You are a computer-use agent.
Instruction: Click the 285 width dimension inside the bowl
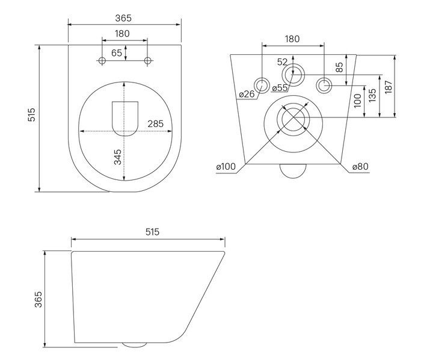(x=155, y=124)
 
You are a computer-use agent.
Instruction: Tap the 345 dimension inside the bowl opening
(x=118, y=157)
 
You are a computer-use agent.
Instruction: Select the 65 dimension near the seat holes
(x=117, y=53)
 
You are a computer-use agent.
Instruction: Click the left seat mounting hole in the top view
(x=102, y=61)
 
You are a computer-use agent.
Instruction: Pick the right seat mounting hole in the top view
(x=148, y=61)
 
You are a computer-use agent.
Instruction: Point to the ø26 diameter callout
(x=247, y=95)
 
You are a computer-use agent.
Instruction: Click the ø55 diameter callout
(x=280, y=88)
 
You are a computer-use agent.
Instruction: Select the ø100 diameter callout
(x=226, y=167)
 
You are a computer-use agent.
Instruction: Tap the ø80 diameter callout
(x=360, y=167)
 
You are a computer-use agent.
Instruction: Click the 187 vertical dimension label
(x=389, y=87)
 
